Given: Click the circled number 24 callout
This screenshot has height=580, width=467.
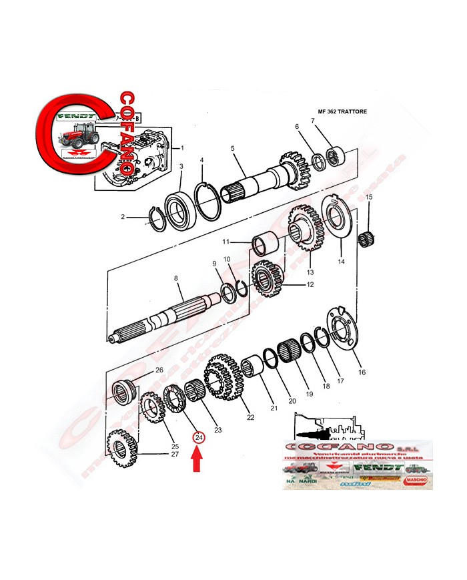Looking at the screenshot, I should pos(197,438).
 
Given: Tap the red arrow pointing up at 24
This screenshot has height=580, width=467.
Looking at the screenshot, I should pos(197,460).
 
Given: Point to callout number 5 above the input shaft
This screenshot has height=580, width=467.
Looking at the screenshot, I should pos(232,148).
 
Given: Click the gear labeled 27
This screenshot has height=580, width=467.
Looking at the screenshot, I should pos(121,448).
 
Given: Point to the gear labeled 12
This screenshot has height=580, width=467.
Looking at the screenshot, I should pos(268,279).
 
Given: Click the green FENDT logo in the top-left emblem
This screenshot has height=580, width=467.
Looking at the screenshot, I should pos(75,115).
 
